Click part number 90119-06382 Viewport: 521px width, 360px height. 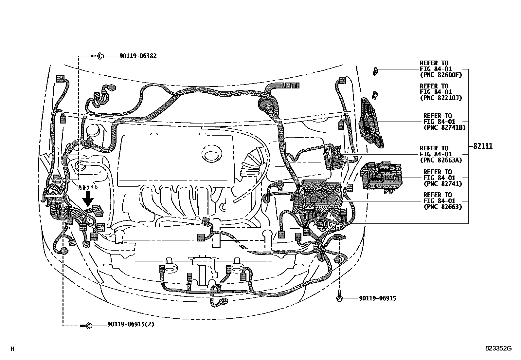coord(138,56)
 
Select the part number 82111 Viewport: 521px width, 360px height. coord(483,146)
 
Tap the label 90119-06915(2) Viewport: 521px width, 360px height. coord(131,325)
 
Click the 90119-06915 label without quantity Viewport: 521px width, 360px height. coord(377,298)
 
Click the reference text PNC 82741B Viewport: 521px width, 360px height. coord(444,127)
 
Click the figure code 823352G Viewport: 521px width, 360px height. coord(498,349)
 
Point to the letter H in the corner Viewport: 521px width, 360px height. coord(12,349)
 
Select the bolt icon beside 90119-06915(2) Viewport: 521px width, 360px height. coord(86,326)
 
